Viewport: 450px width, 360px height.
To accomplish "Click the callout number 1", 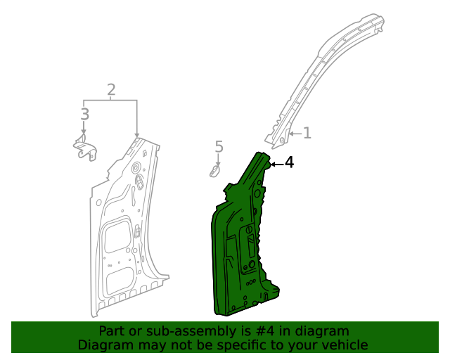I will click(x=307, y=132).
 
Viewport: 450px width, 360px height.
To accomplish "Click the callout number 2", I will click(x=111, y=89).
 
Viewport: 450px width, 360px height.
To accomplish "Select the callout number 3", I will click(x=84, y=114).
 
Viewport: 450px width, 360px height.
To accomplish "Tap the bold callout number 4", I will click(x=289, y=162).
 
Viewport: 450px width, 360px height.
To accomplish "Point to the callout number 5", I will click(x=219, y=147).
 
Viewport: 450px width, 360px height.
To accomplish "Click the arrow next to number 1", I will click(x=295, y=132).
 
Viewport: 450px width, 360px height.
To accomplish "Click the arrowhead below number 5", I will click(x=218, y=163).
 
